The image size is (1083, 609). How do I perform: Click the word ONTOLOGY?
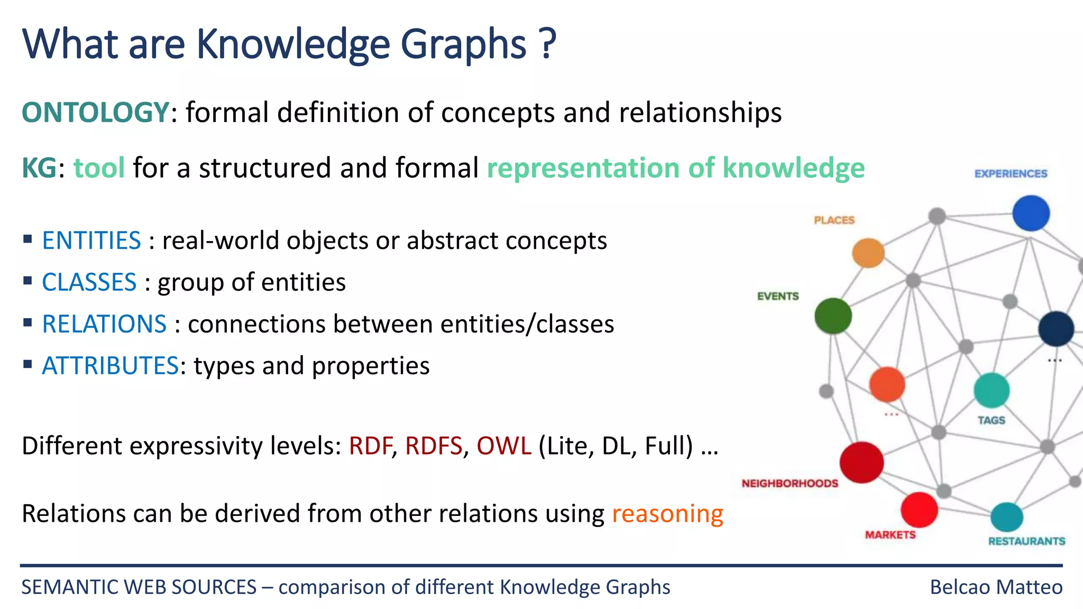click(95, 113)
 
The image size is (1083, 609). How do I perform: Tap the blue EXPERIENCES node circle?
click(1031, 213)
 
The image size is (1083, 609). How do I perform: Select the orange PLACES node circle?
click(868, 253)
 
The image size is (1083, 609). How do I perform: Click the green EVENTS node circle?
click(833, 316)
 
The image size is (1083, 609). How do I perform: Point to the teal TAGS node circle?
click(992, 390)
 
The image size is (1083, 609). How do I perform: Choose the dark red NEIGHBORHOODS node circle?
click(861, 462)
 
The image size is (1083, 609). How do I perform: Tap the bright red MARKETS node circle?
click(919, 510)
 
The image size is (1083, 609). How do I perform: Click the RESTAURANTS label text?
click(1026, 541)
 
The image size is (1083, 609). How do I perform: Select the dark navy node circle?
click(1056, 328)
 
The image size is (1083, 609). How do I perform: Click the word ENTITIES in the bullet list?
click(91, 241)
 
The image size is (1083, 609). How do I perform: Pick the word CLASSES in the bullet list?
click(89, 282)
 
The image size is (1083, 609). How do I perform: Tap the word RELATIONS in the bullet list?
click(104, 324)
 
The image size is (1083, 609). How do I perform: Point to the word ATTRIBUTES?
click(110, 366)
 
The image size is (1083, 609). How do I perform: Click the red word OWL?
click(503, 446)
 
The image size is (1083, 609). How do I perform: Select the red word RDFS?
click(433, 446)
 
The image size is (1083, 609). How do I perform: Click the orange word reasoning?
click(667, 514)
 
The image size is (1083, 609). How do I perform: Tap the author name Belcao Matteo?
click(996, 587)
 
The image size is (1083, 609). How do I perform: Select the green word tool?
click(99, 168)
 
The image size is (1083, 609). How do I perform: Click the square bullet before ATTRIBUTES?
click(28, 364)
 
